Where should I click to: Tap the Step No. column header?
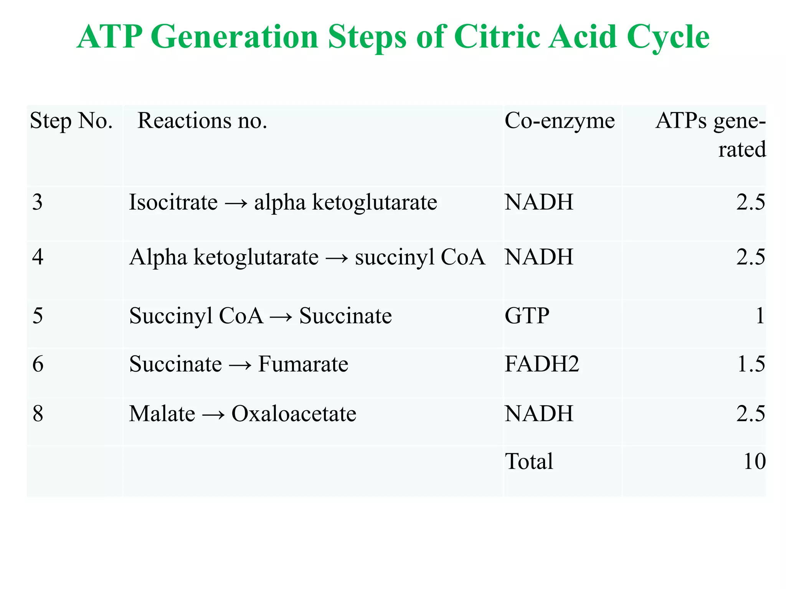[71, 121]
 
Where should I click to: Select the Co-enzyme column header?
[560, 121]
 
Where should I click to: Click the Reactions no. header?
[202, 121]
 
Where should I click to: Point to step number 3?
[37, 202]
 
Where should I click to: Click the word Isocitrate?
[173, 202]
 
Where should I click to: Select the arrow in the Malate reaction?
[213, 415]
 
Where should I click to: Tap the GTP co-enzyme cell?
[527, 316]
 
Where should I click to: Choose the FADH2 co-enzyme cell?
[542, 364]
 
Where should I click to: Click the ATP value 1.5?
[751, 364]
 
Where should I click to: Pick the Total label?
[529, 461]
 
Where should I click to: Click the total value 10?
[754, 461]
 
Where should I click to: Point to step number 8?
[38, 414]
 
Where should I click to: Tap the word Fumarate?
[303, 364]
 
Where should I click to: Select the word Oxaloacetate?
[294, 414]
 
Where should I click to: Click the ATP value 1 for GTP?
[760, 316]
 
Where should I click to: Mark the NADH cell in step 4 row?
[539, 257]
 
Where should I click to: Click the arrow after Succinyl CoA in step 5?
[281, 317]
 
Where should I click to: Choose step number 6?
[38, 364]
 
